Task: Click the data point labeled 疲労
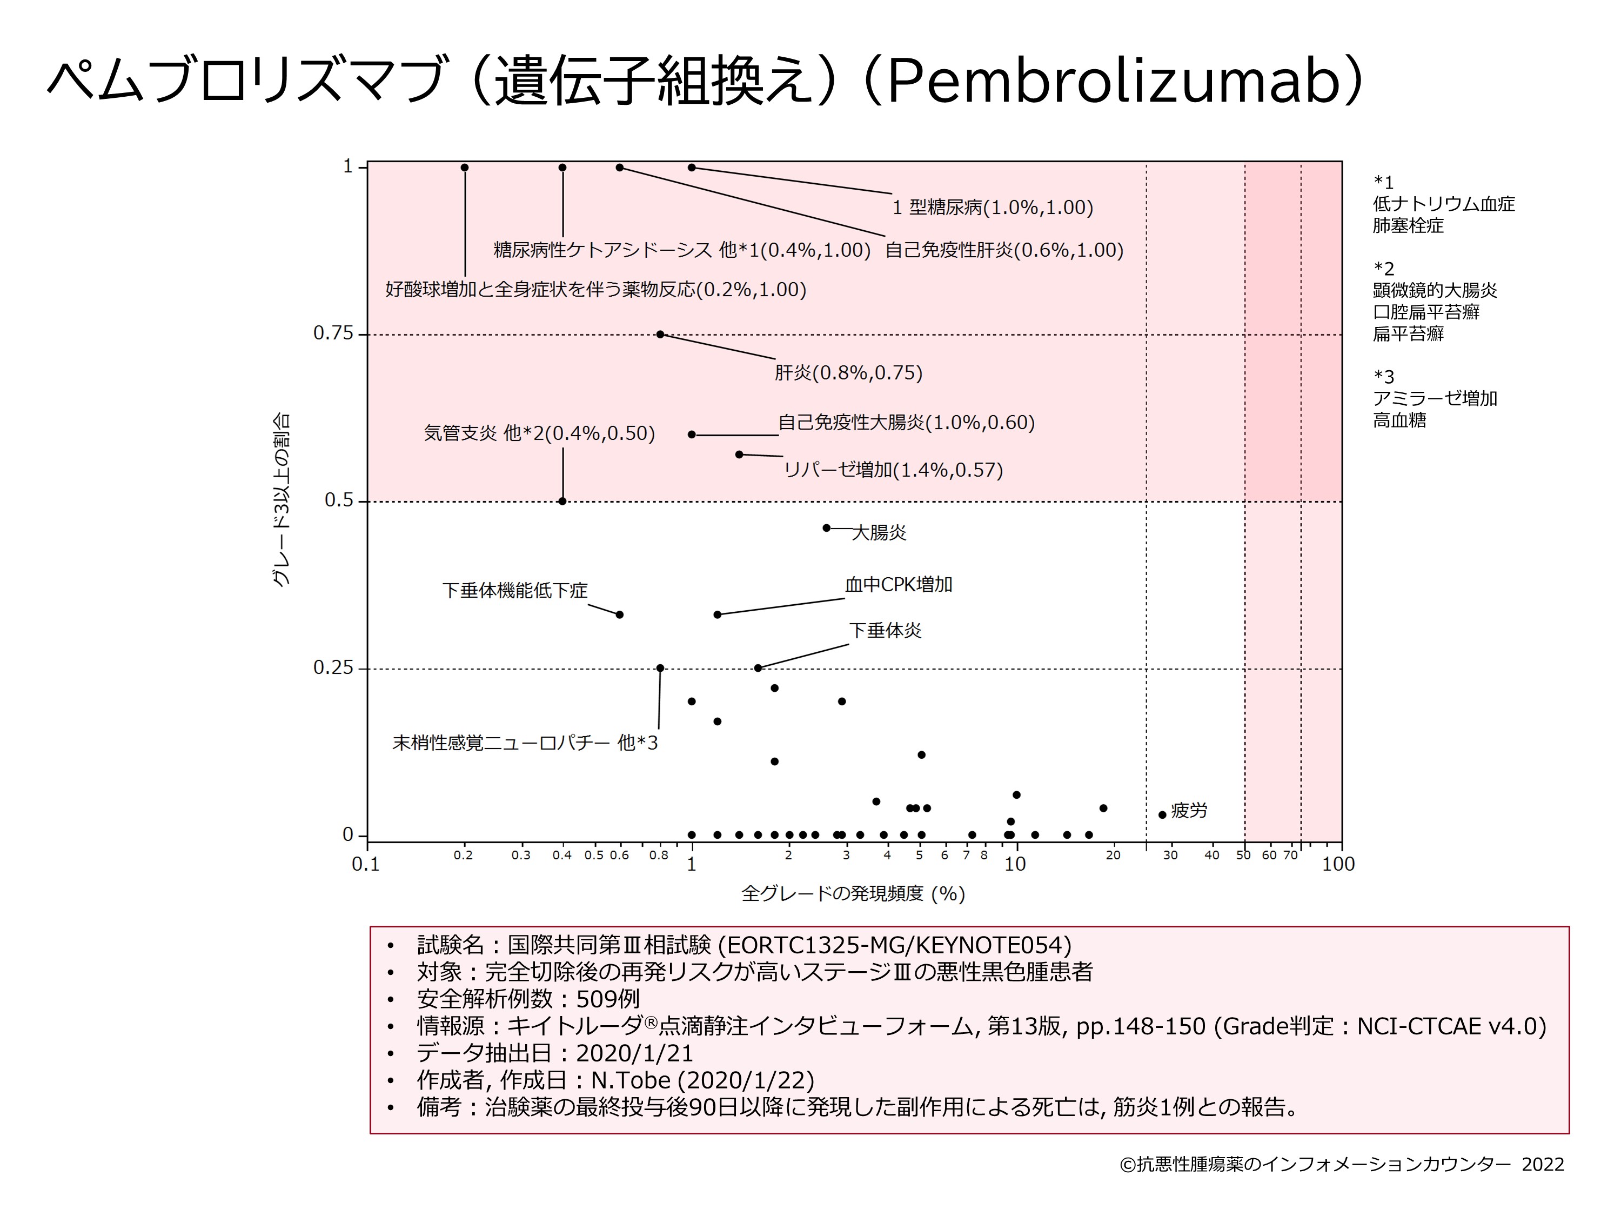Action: click(1162, 814)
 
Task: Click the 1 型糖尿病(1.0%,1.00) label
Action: click(992, 208)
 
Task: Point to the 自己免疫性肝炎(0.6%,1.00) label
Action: click(1004, 250)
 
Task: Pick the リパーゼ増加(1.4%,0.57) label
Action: click(893, 469)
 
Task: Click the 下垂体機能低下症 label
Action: click(514, 590)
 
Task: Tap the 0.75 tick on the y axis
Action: click(333, 333)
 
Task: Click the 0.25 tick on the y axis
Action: click(333, 668)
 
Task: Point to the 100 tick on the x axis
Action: click(1337, 864)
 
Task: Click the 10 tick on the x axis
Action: click(1014, 864)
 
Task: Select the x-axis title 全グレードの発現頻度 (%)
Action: click(853, 893)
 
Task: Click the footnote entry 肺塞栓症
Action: click(1408, 226)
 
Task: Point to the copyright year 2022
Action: click(1543, 1165)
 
